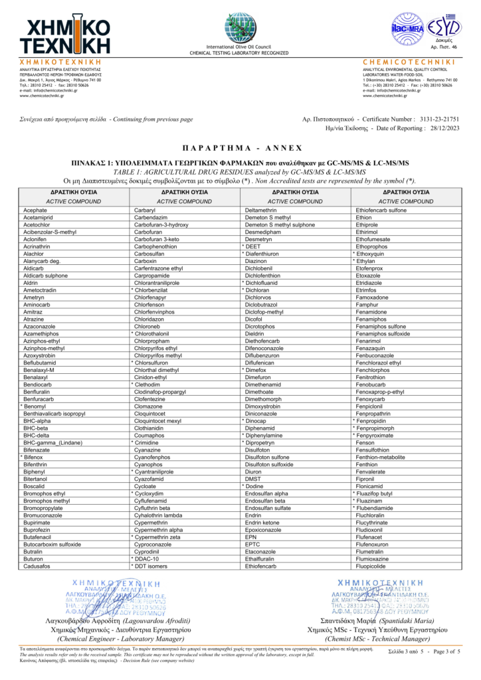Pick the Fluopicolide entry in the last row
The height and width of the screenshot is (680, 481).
375,566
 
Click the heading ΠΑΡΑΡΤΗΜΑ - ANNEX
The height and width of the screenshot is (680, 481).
241,147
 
